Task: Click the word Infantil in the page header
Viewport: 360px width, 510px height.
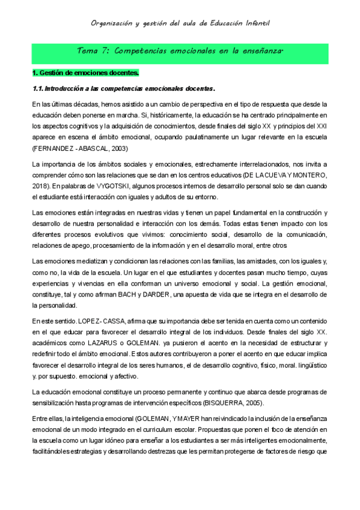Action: coord(256,23)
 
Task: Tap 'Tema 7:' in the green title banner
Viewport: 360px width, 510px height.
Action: coord(95,52)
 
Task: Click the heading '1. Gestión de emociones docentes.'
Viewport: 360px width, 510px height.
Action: coord(85,73)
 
